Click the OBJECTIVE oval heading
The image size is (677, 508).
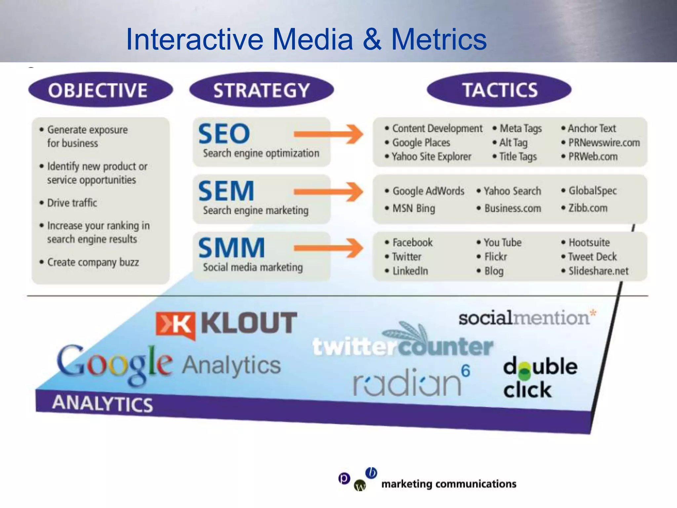[100, 90]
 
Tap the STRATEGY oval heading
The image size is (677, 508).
[261, 90]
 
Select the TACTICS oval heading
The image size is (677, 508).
[499, 90]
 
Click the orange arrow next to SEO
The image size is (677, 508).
[329, 134]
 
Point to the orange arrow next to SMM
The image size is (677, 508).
[329, 248]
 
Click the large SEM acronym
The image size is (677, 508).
[226, 191]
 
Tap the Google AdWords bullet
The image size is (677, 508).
[428, 191]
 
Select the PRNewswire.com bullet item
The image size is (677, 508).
[604, 143]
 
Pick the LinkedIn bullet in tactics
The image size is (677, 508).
[410, 271]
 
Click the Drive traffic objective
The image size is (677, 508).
[72, 203]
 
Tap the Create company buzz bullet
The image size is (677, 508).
[93, 262]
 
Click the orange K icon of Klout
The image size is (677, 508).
[176, 325]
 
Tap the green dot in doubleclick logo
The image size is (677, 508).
[524, 373]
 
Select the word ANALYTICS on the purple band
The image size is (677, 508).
[102, 403]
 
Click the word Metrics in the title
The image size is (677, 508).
[439, 39]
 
